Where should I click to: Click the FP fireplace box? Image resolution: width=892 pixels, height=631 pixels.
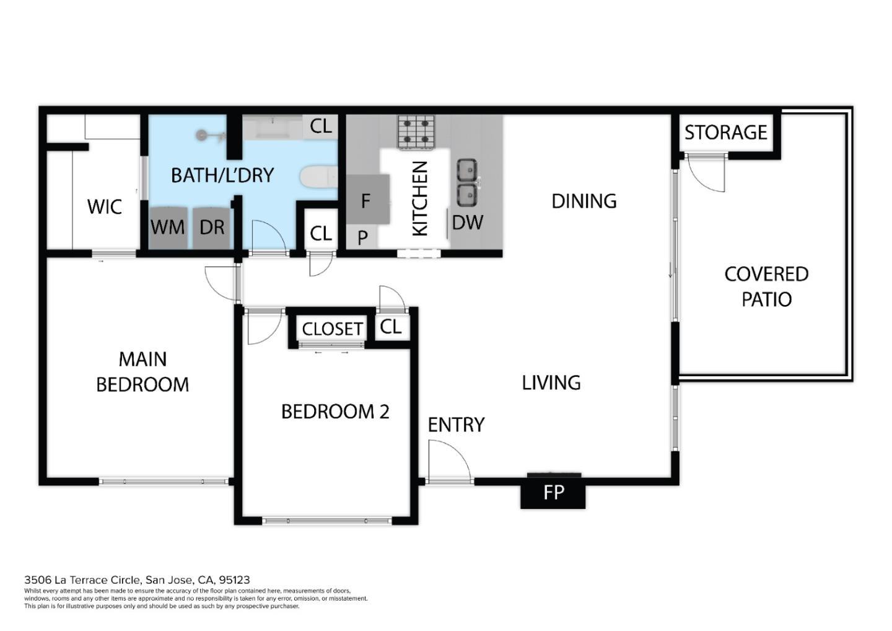(553, 493)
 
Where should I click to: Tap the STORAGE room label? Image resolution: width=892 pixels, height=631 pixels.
(725, 133)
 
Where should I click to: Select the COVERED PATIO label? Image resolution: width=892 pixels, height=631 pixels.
(766, 286)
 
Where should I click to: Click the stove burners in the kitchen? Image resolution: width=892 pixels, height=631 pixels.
(416, 132)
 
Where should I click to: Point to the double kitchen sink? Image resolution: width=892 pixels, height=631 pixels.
(466, 182)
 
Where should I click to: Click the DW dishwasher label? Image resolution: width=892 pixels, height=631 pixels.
(467, 223)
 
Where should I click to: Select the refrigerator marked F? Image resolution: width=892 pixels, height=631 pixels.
(367, 200)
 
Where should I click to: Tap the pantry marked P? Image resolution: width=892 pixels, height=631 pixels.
(362, 237)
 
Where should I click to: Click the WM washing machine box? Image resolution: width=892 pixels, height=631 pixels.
(168, 227)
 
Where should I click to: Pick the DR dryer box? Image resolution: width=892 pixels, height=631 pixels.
(211, 227)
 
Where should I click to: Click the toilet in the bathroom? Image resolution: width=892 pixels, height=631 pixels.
(318, 177)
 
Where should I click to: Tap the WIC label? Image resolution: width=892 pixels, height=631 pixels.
(105, 206)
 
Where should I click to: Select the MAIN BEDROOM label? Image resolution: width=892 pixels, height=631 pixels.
(142, 371)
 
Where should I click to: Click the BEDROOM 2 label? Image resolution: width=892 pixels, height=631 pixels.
(335, 412)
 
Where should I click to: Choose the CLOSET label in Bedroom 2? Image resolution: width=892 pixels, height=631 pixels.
(332, 329)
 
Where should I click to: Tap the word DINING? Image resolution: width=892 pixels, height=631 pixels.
(584, 201)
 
